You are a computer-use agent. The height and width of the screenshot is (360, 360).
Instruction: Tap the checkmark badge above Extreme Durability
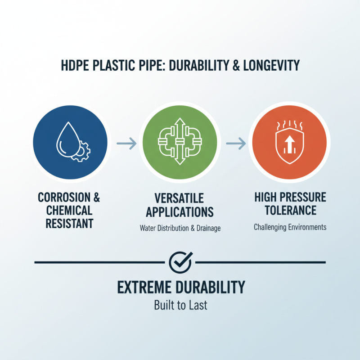point(180,261)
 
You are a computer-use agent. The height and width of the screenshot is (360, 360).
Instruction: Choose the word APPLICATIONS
point(180,211)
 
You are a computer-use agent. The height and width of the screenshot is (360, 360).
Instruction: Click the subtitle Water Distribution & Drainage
point(180,229)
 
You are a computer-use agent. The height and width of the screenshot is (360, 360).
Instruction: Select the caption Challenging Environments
point(289,227)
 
